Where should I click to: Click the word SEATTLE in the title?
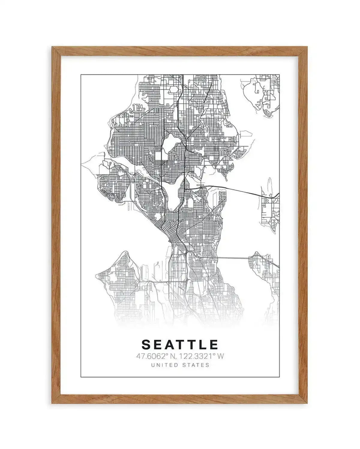[180, 345]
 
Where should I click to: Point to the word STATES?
[196, 365]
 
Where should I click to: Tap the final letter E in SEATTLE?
[214, 345]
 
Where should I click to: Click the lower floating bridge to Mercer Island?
[232, 258]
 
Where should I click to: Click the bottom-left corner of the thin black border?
[81, 376]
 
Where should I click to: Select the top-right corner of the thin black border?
[280, 74]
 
